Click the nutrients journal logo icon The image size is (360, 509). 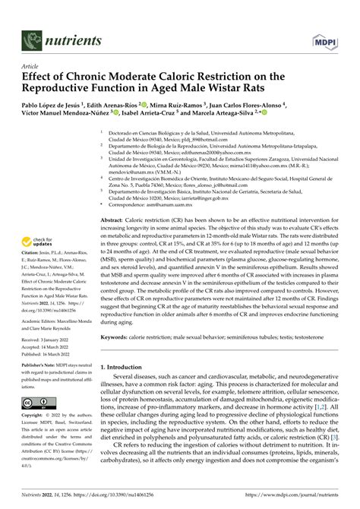click(33, 39)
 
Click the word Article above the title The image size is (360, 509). click(33, 65)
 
